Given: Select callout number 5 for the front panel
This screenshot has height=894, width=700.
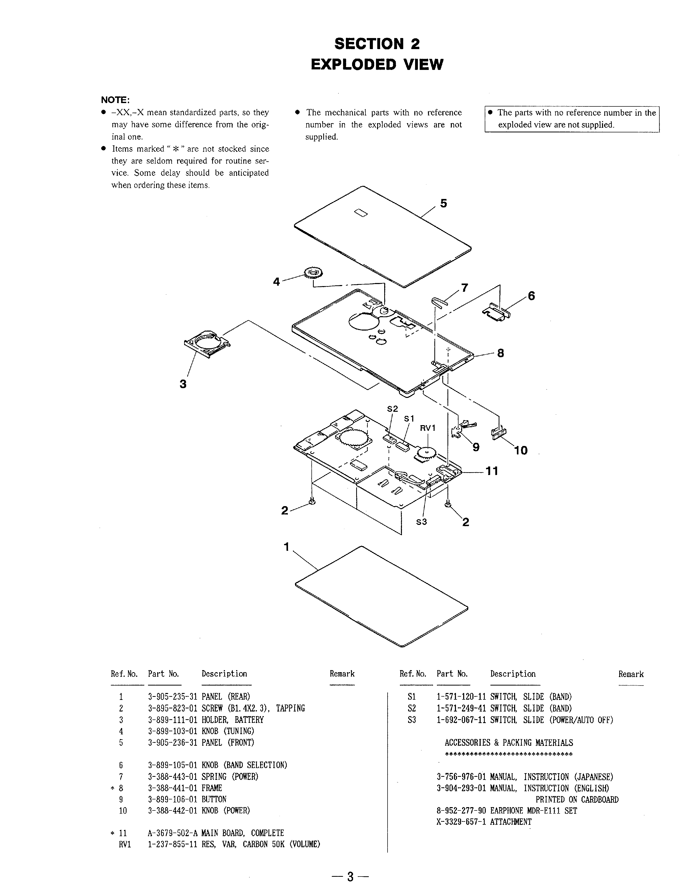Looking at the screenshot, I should click(443, 204).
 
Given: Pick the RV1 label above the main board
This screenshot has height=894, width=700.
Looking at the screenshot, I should click(427, 428).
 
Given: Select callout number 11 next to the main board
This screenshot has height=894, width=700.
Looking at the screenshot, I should click(492, 471).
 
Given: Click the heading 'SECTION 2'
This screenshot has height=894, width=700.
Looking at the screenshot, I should click(377, 44).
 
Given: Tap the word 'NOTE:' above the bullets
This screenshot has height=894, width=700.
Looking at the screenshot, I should click(115, 100).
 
